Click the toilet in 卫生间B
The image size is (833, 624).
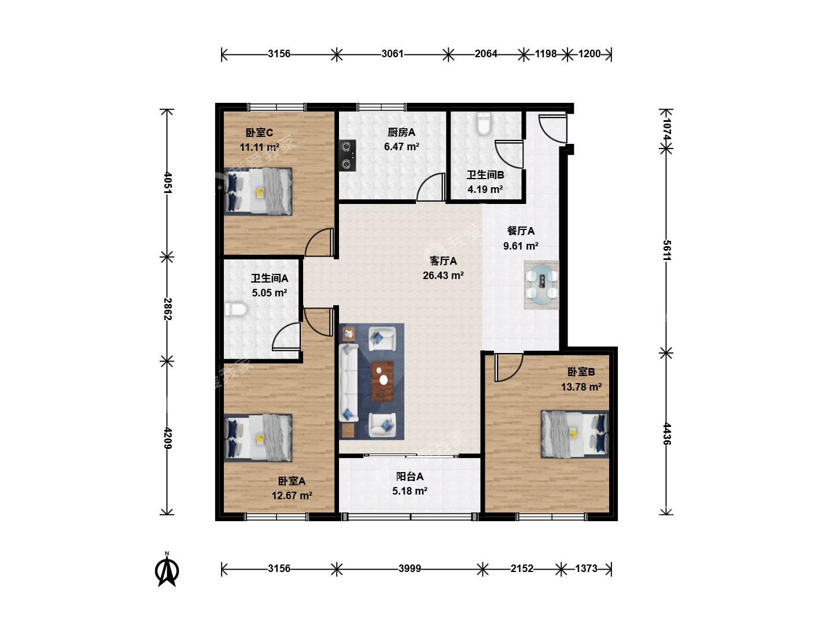pos(484,124)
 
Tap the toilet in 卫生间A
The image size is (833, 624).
pos(235,309)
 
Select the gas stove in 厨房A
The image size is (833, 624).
pos(347,155)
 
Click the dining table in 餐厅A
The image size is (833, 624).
pos(541,284)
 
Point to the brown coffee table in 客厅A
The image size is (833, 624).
pos(382,381)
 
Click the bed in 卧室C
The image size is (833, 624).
pos(258,192)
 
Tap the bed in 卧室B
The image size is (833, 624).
pos(575,434)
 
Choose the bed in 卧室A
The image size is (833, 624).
pos(258,438)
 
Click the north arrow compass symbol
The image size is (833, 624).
pos(167,570)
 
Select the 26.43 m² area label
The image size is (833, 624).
pos(443,276)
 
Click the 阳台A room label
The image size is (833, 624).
pos(410,476)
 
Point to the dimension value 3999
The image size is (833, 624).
pos(410,569)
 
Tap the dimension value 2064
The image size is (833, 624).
pos(486,54)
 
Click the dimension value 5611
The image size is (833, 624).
pos(667,250)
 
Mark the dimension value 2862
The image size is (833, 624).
pos(168,309)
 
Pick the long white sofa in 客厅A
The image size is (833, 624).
pos(348,382)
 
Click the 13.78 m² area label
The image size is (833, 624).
pos(581,387)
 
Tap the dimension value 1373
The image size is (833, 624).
pos(586,569)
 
